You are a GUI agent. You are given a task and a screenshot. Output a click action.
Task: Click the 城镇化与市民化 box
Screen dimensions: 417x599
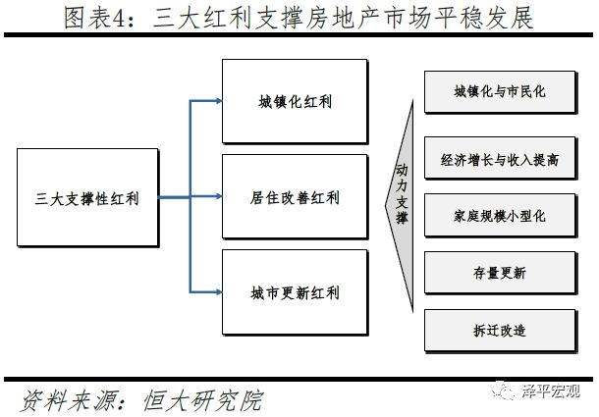[499, 92]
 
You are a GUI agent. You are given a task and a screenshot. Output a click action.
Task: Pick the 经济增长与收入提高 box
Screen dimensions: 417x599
[499, 158]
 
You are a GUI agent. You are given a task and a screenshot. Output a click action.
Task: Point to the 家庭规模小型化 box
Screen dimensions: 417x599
[499, 213]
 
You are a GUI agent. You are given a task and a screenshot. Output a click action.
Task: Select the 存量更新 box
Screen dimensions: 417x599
[499, 271]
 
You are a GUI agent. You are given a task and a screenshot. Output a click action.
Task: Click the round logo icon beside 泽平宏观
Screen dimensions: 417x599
[506, 392]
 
